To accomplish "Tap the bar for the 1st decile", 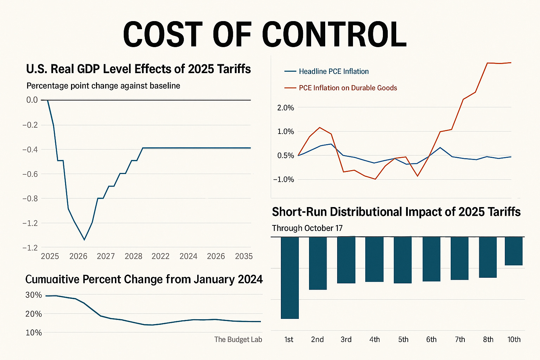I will (x=290, y=278).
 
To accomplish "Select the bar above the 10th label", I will (x=514, y=251).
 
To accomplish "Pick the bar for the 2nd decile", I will (x=318, y=263).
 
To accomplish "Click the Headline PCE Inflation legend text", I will (x=334, y=71).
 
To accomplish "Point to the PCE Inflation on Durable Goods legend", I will (x=348, y=88).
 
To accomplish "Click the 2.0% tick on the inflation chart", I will (x=285, y=108).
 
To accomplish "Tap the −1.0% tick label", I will (x=283, y=179).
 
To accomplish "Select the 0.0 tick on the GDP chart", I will (x=32, y=100).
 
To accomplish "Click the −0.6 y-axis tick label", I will (x=30, y=174).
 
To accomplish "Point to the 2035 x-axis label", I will (x=244, y=256).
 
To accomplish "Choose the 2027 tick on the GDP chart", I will (x=106, y=256).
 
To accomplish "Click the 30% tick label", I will (x=34, y=295).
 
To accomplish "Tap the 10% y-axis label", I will (x=34, y=333).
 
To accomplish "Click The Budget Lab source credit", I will (x=238, y=339).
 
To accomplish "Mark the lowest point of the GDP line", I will (x=84, y=240).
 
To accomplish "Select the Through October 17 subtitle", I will (x=307, y=228).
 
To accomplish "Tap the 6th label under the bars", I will (x=431, y=340).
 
